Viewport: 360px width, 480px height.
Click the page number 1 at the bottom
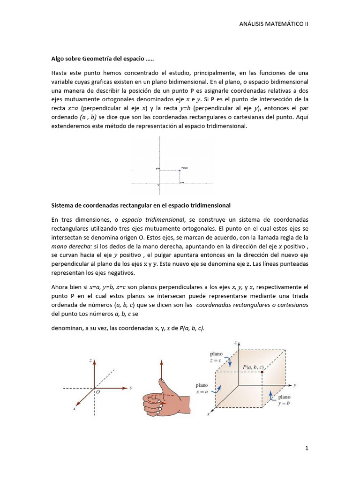(x=306, y=448)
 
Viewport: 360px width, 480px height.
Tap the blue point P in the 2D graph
(x=180, y=170)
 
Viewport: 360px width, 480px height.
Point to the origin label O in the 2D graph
(x=158, y=185)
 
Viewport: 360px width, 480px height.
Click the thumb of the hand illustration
(x=164, y=384)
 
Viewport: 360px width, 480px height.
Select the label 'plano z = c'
(x=216, y=358)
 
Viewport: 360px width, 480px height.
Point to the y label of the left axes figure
(x=132, y=388)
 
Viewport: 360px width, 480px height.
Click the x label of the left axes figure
(x=75, y=408)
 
